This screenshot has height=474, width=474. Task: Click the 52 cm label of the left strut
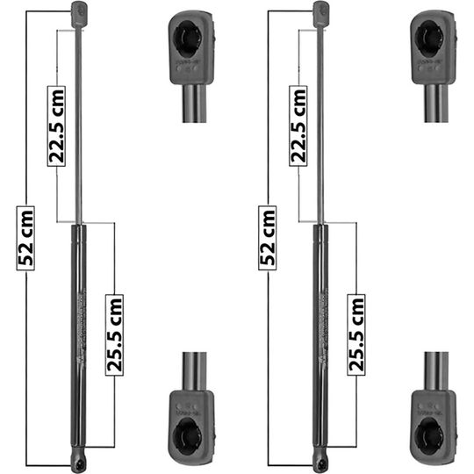coord(26,237)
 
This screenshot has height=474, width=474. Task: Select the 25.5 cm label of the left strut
coord(115,334)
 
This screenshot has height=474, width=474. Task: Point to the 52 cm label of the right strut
coord(268,237)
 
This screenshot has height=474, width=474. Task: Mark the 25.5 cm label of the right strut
coord(356,334)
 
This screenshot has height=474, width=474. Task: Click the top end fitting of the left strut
coord(78,13)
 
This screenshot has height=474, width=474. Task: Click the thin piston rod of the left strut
coord(78,123)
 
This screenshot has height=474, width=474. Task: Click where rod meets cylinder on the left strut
coord(79,223)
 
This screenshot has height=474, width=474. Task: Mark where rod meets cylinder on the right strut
coord(320,223)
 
